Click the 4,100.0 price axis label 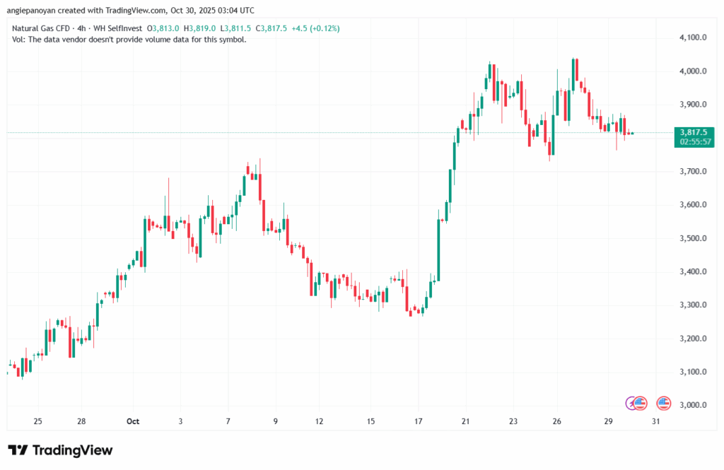point(694,37)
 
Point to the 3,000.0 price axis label point(694,405)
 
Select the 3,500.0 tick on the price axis point(694,238)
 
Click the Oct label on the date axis point(132,421)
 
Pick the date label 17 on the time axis point(419,421)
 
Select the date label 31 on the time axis point(656,421)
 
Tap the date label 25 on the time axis point(37,421)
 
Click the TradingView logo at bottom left point(60,450)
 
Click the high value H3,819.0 point(199,28)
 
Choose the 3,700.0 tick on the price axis point(694,171)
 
